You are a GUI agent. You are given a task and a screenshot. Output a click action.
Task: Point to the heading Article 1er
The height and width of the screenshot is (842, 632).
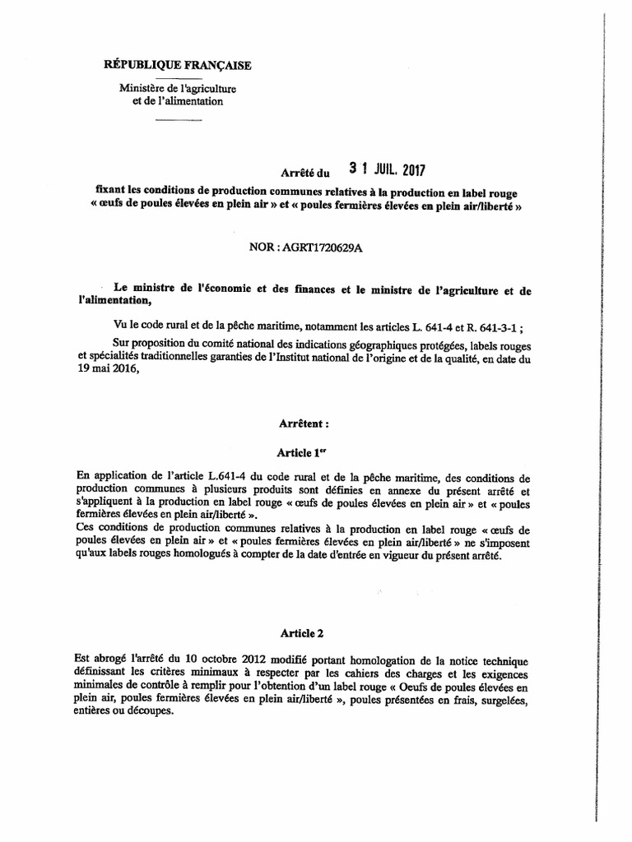(303, 452)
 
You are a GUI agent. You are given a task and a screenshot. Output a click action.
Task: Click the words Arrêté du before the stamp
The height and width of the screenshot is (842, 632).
(304, 172)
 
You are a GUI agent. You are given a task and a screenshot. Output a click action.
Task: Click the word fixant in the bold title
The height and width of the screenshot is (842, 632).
(114, 190)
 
